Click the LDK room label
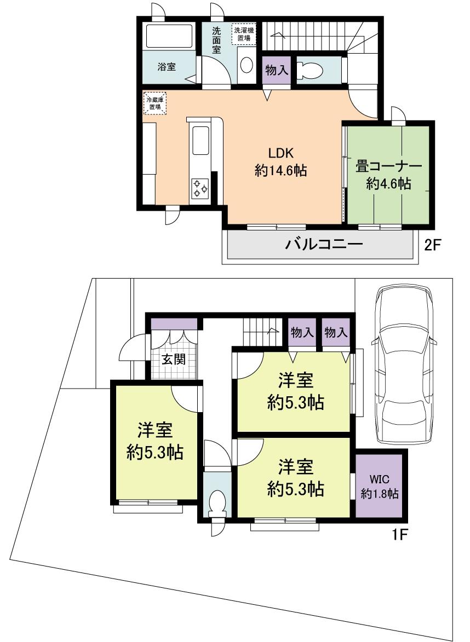(280, 152)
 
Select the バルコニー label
(324, 244)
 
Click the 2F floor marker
(432, 244)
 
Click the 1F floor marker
(399, 533)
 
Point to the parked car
(403, 364)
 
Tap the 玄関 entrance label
(174, 359)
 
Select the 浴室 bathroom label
(167, 67)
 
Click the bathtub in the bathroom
(169, 36)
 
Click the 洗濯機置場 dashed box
(243, 34)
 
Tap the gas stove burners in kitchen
(199, 189)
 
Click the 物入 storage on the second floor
(276, 70)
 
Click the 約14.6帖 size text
(280, 171)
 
